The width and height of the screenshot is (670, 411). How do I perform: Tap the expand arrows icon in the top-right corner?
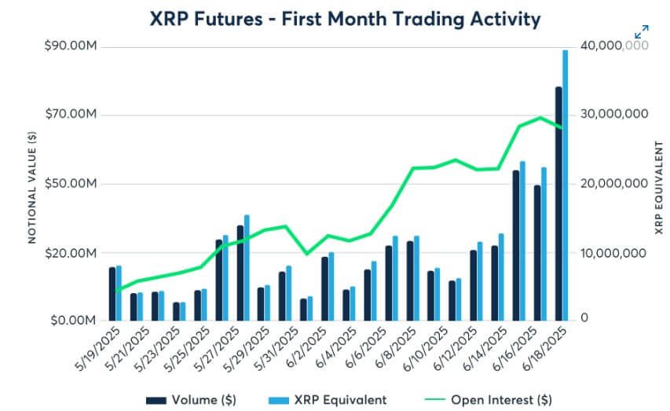pyautogui.click(x=641, y=32)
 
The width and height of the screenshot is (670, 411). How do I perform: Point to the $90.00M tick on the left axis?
pyautogui.click(x=70, y=46)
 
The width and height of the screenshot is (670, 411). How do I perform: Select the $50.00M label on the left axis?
pyautogui.click(x=70, y=184)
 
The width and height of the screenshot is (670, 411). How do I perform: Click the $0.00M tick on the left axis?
pyautogui.click(x=72, y=321)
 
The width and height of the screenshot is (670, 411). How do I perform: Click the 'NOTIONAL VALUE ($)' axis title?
pyautogui.click(x=31, y=186)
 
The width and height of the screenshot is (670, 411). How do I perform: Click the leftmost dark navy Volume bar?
pyautogui.click(x=112, y=294)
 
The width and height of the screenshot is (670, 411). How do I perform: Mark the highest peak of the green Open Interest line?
pyautogui.click(x=540, y=117)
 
